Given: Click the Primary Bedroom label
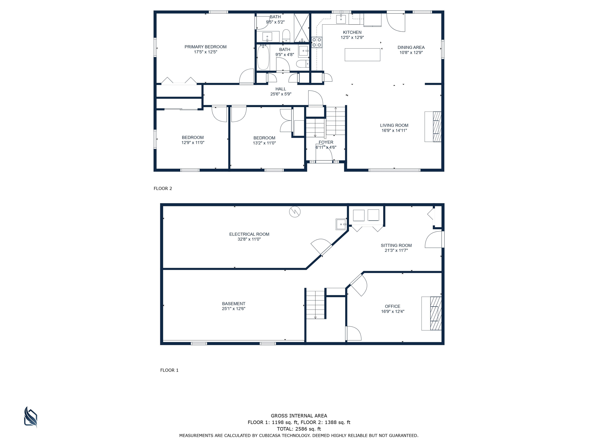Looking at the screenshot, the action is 205,47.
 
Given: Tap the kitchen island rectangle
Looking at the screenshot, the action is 362,55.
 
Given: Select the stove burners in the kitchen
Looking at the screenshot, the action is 317,42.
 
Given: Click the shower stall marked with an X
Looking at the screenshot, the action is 301,28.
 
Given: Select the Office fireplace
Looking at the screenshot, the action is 432,313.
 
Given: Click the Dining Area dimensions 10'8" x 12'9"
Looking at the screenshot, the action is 411,52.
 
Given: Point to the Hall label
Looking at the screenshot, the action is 281,89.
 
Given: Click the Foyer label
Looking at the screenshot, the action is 326,142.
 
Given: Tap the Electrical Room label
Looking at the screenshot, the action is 249,234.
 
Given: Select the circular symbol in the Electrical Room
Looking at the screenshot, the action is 295,212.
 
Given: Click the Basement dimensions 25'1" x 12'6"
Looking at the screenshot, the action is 234,309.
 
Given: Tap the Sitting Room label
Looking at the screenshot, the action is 396,245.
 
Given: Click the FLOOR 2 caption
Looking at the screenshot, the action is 163,188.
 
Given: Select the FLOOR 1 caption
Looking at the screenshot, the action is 169,370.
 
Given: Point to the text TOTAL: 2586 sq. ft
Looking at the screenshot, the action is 299,429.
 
